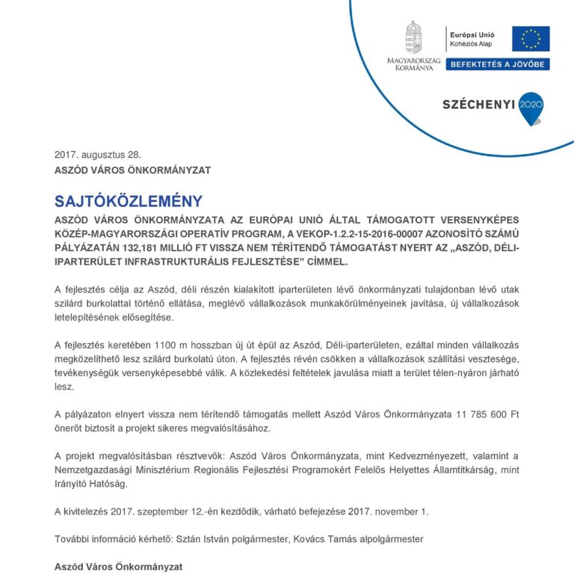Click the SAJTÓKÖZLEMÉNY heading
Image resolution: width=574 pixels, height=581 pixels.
coord(128,201)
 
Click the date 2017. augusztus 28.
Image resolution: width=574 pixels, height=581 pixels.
coord(97,156)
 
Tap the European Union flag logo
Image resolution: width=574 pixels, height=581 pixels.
coord(531,38)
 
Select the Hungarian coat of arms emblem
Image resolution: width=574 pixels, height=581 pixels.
coord(413,37)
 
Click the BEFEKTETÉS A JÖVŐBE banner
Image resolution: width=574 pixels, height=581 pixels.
coord(498,65)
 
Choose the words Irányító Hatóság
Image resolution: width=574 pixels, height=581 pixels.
coord(91,484)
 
